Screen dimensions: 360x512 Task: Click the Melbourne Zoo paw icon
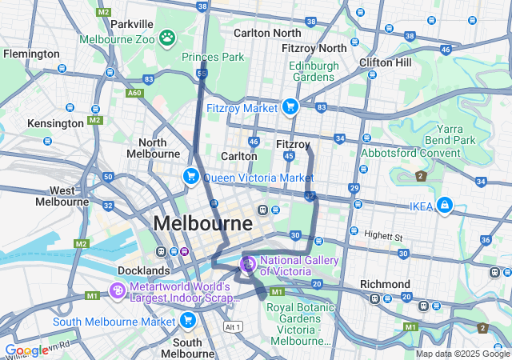click(x=167, y=37)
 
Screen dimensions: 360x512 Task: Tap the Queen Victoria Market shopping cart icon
click(x=190, y=176)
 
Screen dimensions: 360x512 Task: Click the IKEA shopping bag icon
click(x=444, y=206)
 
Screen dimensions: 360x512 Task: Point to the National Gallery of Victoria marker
click(x=248, y=263)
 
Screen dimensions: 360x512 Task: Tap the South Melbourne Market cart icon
click(x=188, y=321)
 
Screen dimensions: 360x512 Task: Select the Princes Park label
click(x=214, y=57)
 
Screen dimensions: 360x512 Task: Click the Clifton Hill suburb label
click(x=386, y=61)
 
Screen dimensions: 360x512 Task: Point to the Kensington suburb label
click(x=55, y=123)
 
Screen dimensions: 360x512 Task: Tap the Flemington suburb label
click(x=31, y=54)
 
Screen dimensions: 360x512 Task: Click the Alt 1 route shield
click(x=233, y=327)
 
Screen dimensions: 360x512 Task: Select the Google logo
click(x=26, y=350)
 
